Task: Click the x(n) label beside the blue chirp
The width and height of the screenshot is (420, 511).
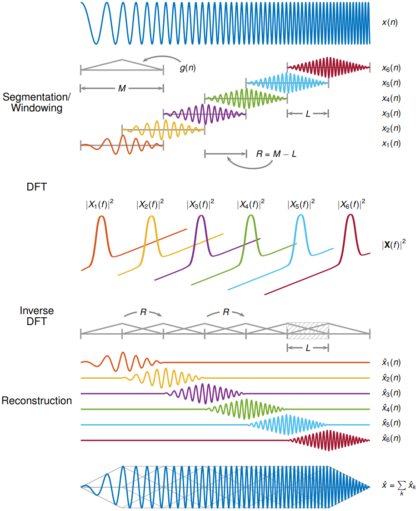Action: tap(390, 22)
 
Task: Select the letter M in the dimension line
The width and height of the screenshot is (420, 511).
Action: tap(122, 89)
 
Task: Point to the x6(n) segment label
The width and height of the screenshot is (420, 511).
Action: tap(391, 68)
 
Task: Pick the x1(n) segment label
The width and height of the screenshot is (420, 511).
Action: tap(391, 143)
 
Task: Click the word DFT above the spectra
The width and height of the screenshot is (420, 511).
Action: tap(36, 186)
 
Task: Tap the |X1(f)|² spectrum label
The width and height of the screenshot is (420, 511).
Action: tap(100, 205)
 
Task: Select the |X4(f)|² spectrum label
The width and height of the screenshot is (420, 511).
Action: tap(250, 205)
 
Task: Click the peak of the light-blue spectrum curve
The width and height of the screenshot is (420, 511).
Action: tap(300, 216)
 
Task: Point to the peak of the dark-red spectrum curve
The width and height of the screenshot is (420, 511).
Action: tap(350, 215)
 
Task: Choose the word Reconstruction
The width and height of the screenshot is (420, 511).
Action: tap(36, 401)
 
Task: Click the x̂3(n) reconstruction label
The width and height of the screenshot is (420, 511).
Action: tap(391, 393)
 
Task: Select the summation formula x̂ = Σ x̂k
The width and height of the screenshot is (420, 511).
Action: tap(399, 487)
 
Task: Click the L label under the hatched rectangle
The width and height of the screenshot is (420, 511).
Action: tap(308, 348)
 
